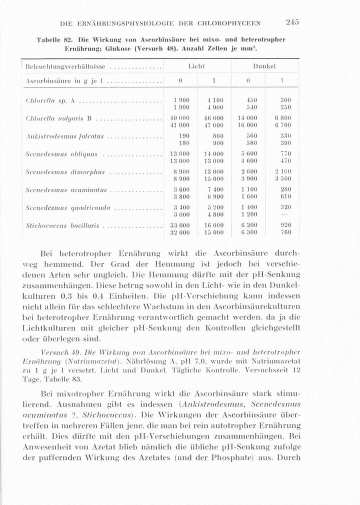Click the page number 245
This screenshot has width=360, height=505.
[x=292, y=22]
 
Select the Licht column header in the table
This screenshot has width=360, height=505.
[x=196, y=66]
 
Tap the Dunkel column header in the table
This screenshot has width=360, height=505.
[x=264, y=66]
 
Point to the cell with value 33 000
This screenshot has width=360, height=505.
[x=179, y=225]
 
